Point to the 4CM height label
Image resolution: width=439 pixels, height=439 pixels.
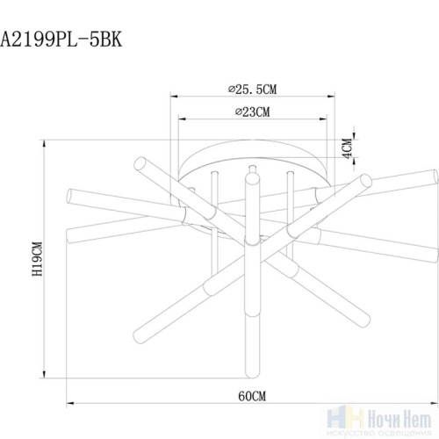(x=348, y=148)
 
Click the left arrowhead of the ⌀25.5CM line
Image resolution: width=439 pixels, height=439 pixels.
(x=172, y=97)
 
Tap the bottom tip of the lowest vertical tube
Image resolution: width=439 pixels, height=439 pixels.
(x=251, y=372)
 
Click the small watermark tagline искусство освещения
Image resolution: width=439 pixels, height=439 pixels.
(x=386, y=427)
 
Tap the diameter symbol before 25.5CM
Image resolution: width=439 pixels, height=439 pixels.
(x=227, y=89)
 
